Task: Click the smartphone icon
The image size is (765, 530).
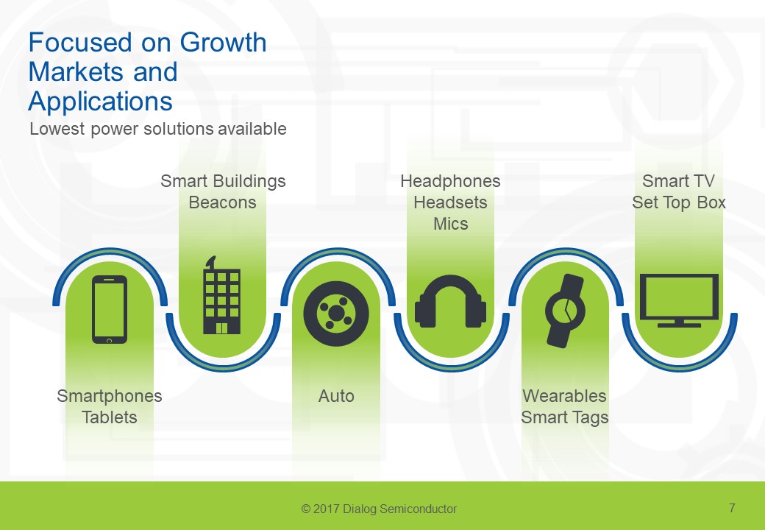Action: (x=110, y=309)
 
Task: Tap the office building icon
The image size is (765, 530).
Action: (x=222, y=297)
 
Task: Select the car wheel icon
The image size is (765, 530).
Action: (x=336, y=314)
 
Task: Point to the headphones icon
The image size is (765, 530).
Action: (x=450, y=302)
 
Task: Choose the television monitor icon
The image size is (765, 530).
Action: (x=678, y=300)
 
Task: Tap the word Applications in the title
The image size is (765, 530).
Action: (x=100, y=100)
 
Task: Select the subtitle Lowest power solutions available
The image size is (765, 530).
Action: (x=157, y=130)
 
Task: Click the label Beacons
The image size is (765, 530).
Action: (x=222, y=202)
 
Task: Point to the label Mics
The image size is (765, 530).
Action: (x=450, y=224)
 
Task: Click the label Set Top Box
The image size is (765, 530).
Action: (x=678, y=202)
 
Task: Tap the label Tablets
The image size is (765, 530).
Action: (x=110, y=417)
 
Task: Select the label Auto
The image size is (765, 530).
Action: (x=336, y=396)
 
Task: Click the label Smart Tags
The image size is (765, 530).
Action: (x=564, y=417)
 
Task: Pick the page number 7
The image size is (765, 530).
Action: (x=732, y=508)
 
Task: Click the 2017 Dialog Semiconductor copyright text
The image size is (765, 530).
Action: (x=379, y=509)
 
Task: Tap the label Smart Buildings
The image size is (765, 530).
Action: (x=223, y=181)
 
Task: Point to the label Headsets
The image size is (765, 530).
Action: (x=450, y=202)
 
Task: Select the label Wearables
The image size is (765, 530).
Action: (x=564, y=396)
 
